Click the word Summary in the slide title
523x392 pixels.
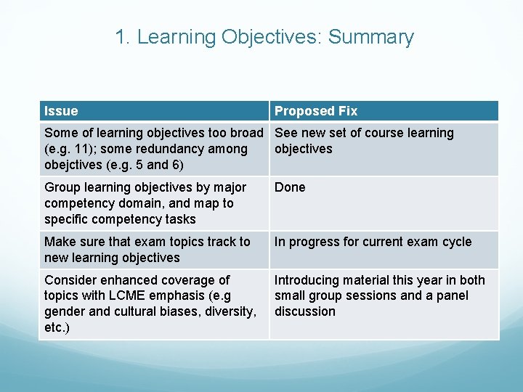click(371, 37)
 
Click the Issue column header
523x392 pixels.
click(61, 111)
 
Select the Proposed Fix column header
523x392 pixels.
click(316, 111)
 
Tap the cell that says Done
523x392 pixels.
click(290, 187)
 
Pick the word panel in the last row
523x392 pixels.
click(452, 295)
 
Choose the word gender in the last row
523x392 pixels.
click(65, 311)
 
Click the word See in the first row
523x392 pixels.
click(286, 133)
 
